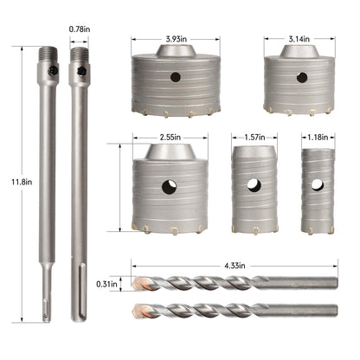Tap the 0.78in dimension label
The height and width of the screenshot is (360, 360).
point(79,29)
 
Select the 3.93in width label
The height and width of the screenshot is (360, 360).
point(178,39)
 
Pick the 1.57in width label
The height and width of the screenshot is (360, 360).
point(253,136)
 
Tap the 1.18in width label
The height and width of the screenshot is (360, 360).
point(316,136)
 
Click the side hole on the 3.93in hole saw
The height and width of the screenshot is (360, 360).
point(176,77)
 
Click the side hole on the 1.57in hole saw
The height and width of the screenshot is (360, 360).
point(253,184)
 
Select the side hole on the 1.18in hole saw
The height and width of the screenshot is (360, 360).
point(317,184)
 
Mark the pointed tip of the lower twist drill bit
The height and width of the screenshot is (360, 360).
point(135,310)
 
